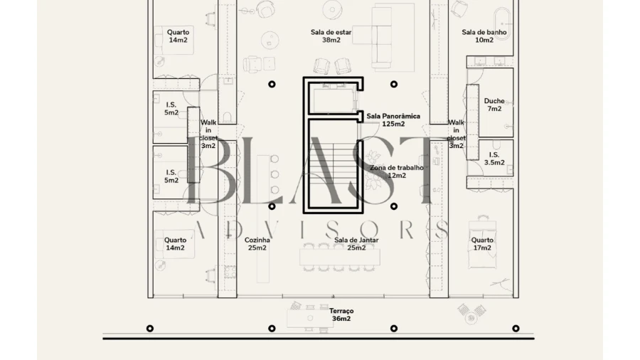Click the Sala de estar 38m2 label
point(331,36)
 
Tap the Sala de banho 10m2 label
point(484,36)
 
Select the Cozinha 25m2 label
point(257,243)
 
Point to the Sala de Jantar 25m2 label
point(356,243)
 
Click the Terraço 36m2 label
point(341,314)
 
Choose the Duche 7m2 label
point(494,105)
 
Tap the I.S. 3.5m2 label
point(494,159)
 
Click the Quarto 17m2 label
point(482,243)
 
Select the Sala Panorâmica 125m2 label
point(393,120)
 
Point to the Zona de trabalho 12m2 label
point(397,171)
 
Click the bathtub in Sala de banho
point(503,23)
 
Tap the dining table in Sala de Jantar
point(340,258)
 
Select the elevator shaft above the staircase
point(333,98)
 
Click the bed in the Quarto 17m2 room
point(482,243)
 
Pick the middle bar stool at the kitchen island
point(274,174)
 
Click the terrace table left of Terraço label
point(310,318)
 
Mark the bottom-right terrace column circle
point(516,328)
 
